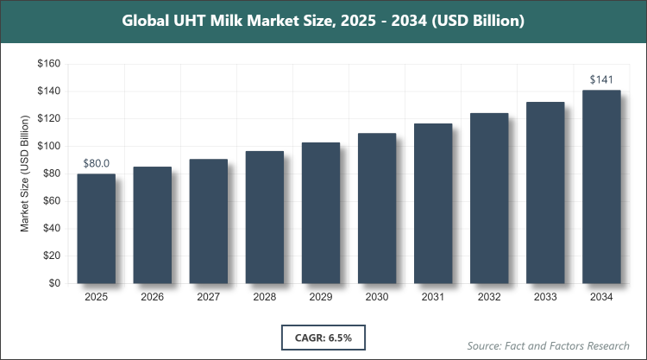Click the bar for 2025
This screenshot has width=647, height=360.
(x=96, y=229)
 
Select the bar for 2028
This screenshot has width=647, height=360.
(x=264, y=218)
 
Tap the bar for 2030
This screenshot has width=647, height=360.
(x=377, y=208)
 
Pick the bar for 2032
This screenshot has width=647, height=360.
(x=489, y=199)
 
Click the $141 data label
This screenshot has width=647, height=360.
(x=601, y=79)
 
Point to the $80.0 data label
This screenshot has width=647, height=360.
(x=96, y=163)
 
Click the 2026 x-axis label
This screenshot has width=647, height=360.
(x=152, y=298)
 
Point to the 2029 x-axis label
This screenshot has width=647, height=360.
(x=320, y=298)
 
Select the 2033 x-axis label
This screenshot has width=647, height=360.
(x=545, y=298)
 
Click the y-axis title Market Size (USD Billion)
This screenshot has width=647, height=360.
(x=26, y=174)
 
